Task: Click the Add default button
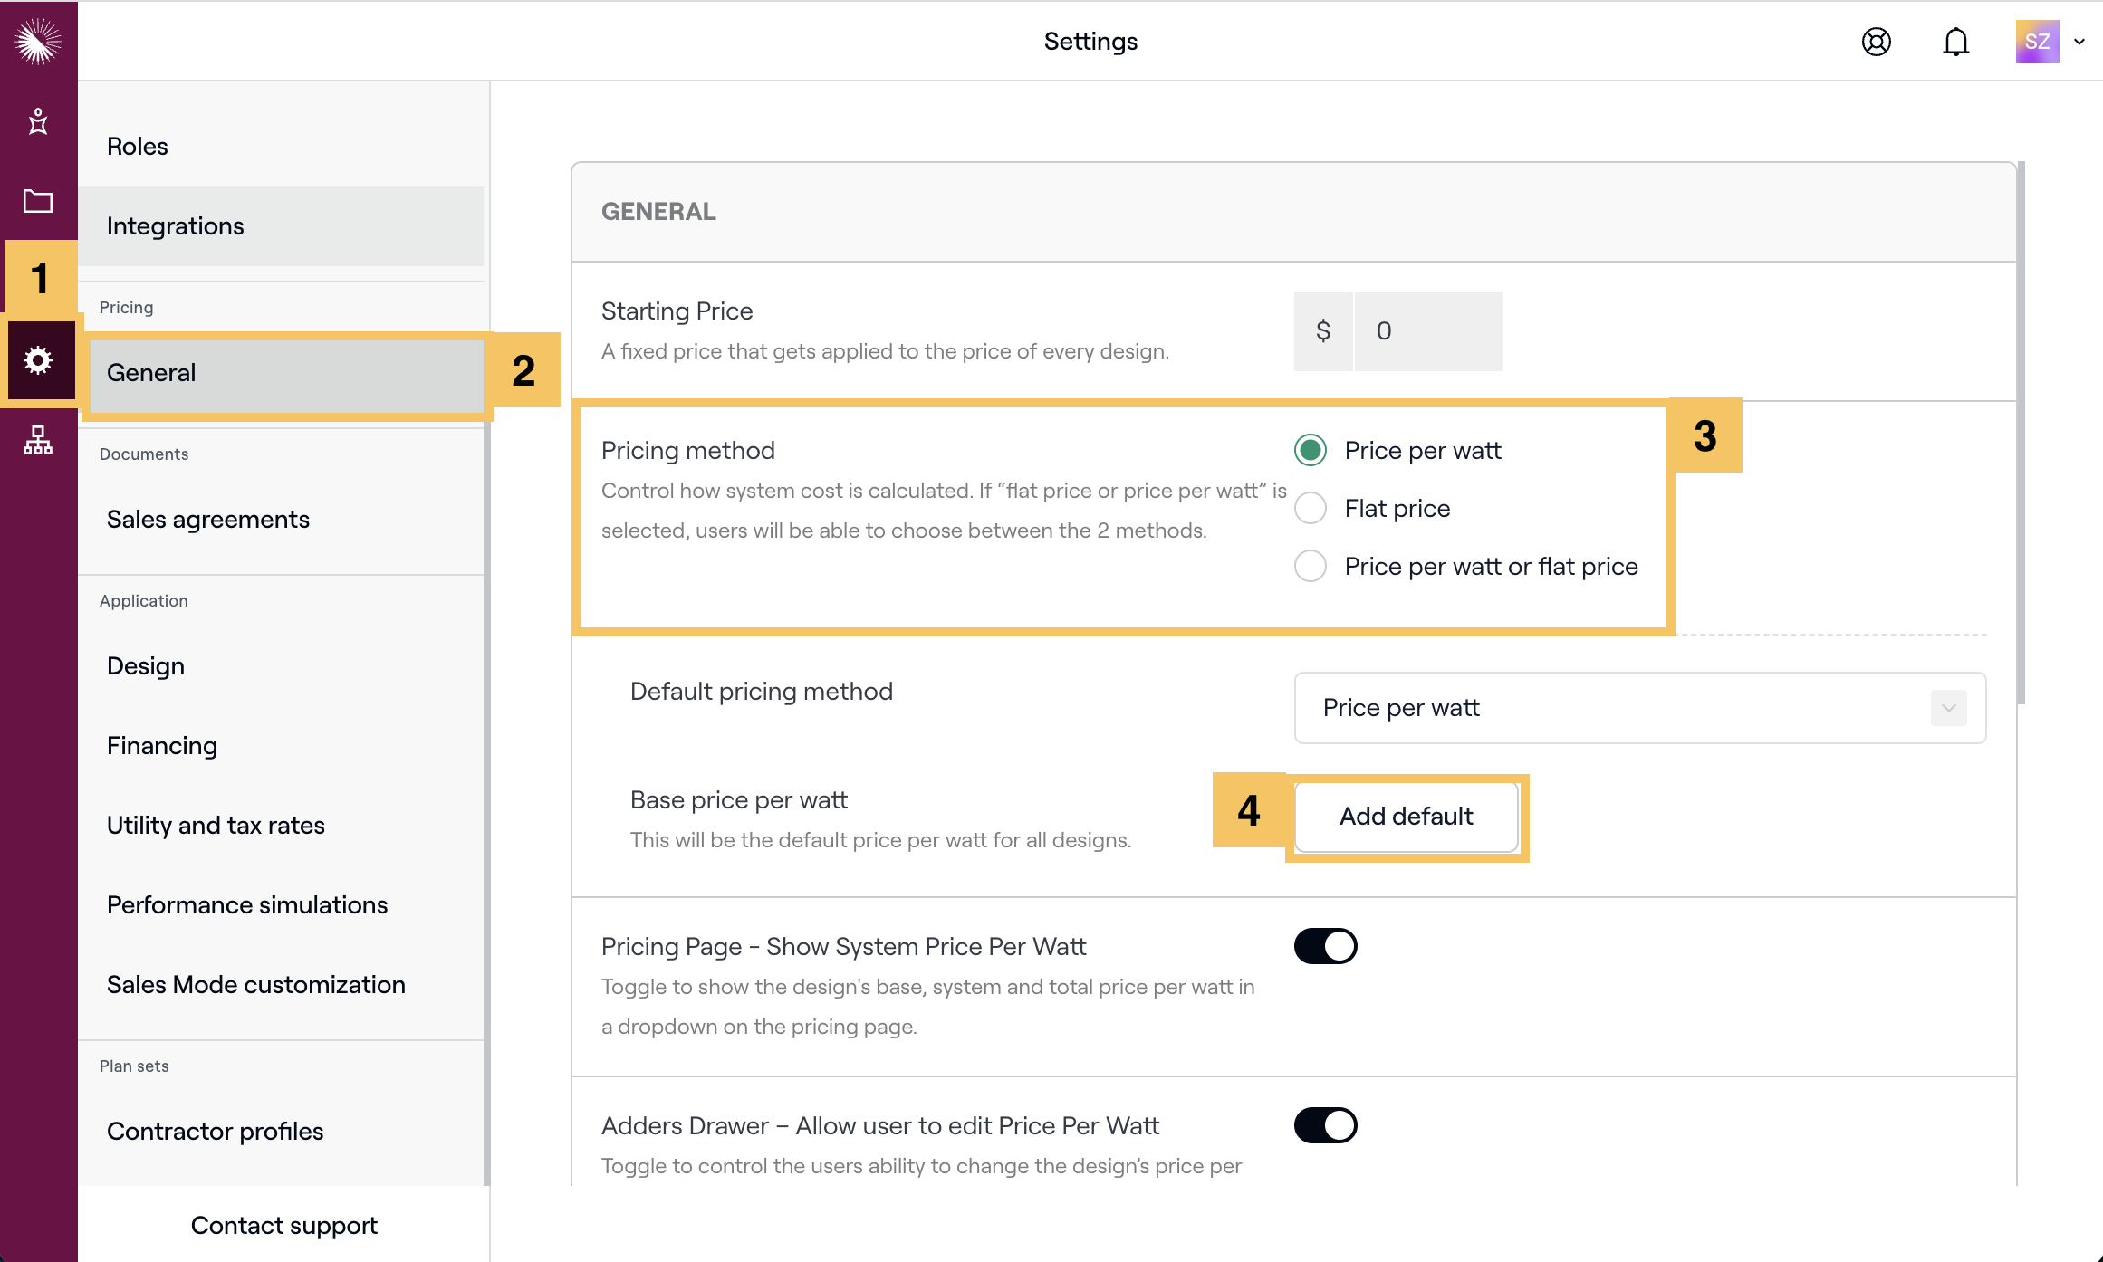[x=1406, y=817]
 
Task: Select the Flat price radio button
[x=1311, y=509]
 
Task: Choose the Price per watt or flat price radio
[x=1311, y=567]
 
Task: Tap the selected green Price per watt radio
[x=1311, y=451]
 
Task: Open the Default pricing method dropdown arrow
[x=1948, y=708]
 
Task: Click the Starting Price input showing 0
[x=1427, y=331]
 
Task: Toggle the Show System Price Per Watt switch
[x=1325, y=947]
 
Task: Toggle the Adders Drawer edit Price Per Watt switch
[x=1325, y=1126]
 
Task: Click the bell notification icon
[x=1955, y=42]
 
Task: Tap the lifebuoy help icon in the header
[x=1876, y=42]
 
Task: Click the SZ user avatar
[x=2037, y=42]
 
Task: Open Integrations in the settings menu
[x=176, y=226]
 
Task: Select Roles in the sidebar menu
[x=138, y=147]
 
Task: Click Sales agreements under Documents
[x=208, y=520]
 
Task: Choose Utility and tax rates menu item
[x=216, y=826]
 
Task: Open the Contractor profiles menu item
[x=215, y=1132]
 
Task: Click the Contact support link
[x=283, y=1226]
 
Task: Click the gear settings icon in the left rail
[x=38, y=360]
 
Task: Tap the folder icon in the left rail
[x=38, y=201]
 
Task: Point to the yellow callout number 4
[x=1249, y=810]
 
